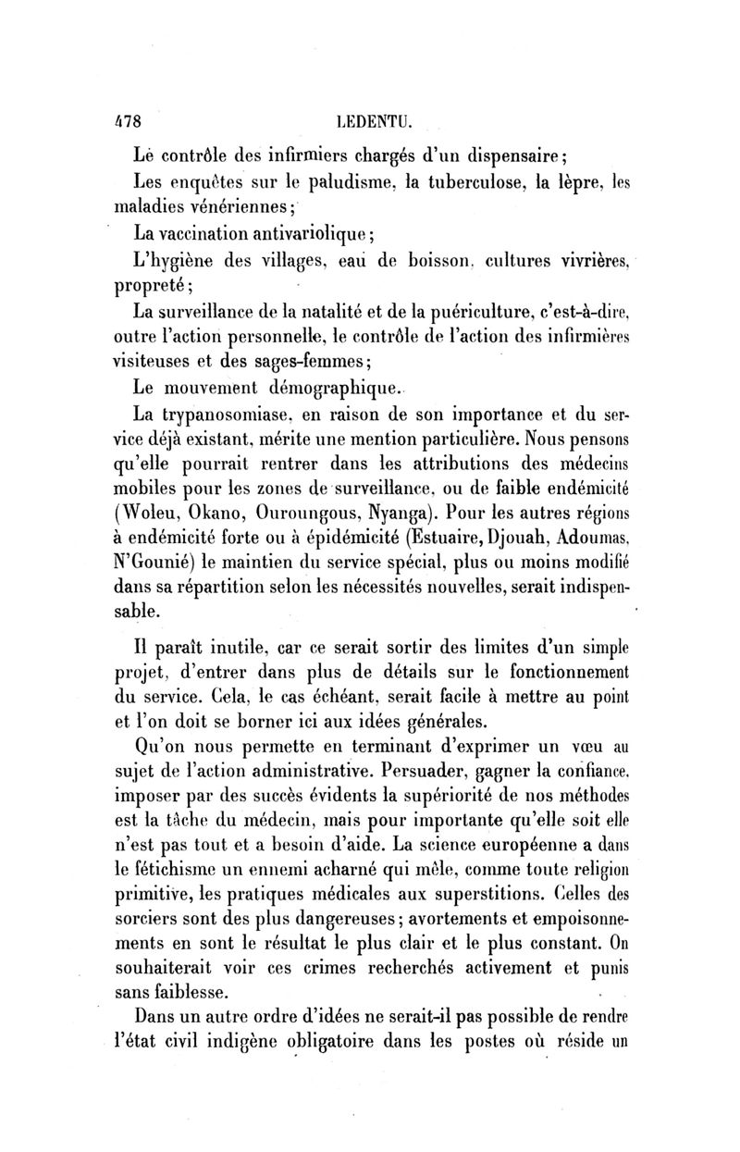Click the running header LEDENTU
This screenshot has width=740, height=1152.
(x=369, y=120)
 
